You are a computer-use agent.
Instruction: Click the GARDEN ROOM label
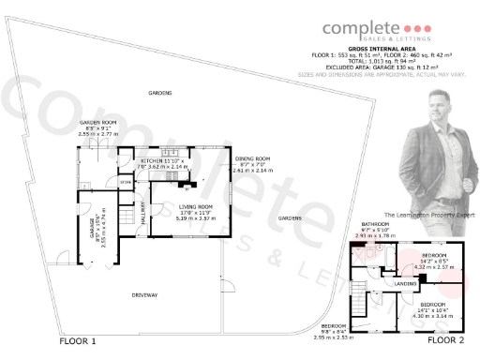pyautogui.click(x=97, y=123)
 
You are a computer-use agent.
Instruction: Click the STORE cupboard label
pyautogui.click(x=126, y=183)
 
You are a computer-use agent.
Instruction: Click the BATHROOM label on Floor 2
pyautogui.click(x=376, y=223)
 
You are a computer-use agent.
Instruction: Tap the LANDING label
pyautogui.click(x=405, y=283)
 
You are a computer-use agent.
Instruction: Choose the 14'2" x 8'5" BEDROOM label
pyautogui.click(x=434, y=255)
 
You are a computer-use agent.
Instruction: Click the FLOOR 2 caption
pyautogui.click(x=446, y=342)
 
